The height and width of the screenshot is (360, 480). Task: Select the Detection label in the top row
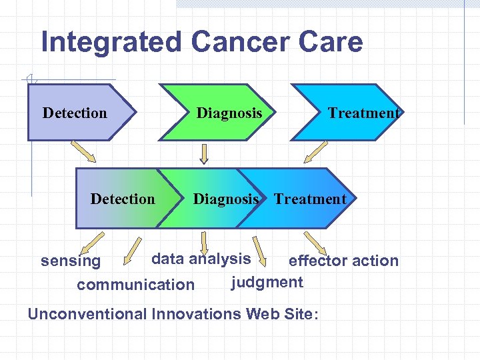tap(75, 113)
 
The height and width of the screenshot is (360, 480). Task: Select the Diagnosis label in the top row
tap(229, 113)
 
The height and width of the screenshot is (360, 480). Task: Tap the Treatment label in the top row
tap(363, 113)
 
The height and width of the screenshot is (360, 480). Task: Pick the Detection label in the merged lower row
tap(123, 199)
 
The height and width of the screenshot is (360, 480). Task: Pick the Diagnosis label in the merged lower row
tap(225, 199)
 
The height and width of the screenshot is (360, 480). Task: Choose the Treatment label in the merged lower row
tap(310, 199)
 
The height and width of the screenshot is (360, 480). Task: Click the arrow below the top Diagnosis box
tap(205, 154)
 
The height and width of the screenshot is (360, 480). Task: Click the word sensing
tap(71, 261)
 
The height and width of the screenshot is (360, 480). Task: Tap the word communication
tap(135, 285)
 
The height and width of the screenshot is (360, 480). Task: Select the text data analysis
tap(201, 259)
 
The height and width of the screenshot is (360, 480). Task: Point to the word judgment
tap(267, 282)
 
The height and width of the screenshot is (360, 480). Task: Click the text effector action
tap(343, 261)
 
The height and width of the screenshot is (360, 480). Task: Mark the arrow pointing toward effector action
tap(315, 241)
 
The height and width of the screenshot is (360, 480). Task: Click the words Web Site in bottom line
tap(279, 313)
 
